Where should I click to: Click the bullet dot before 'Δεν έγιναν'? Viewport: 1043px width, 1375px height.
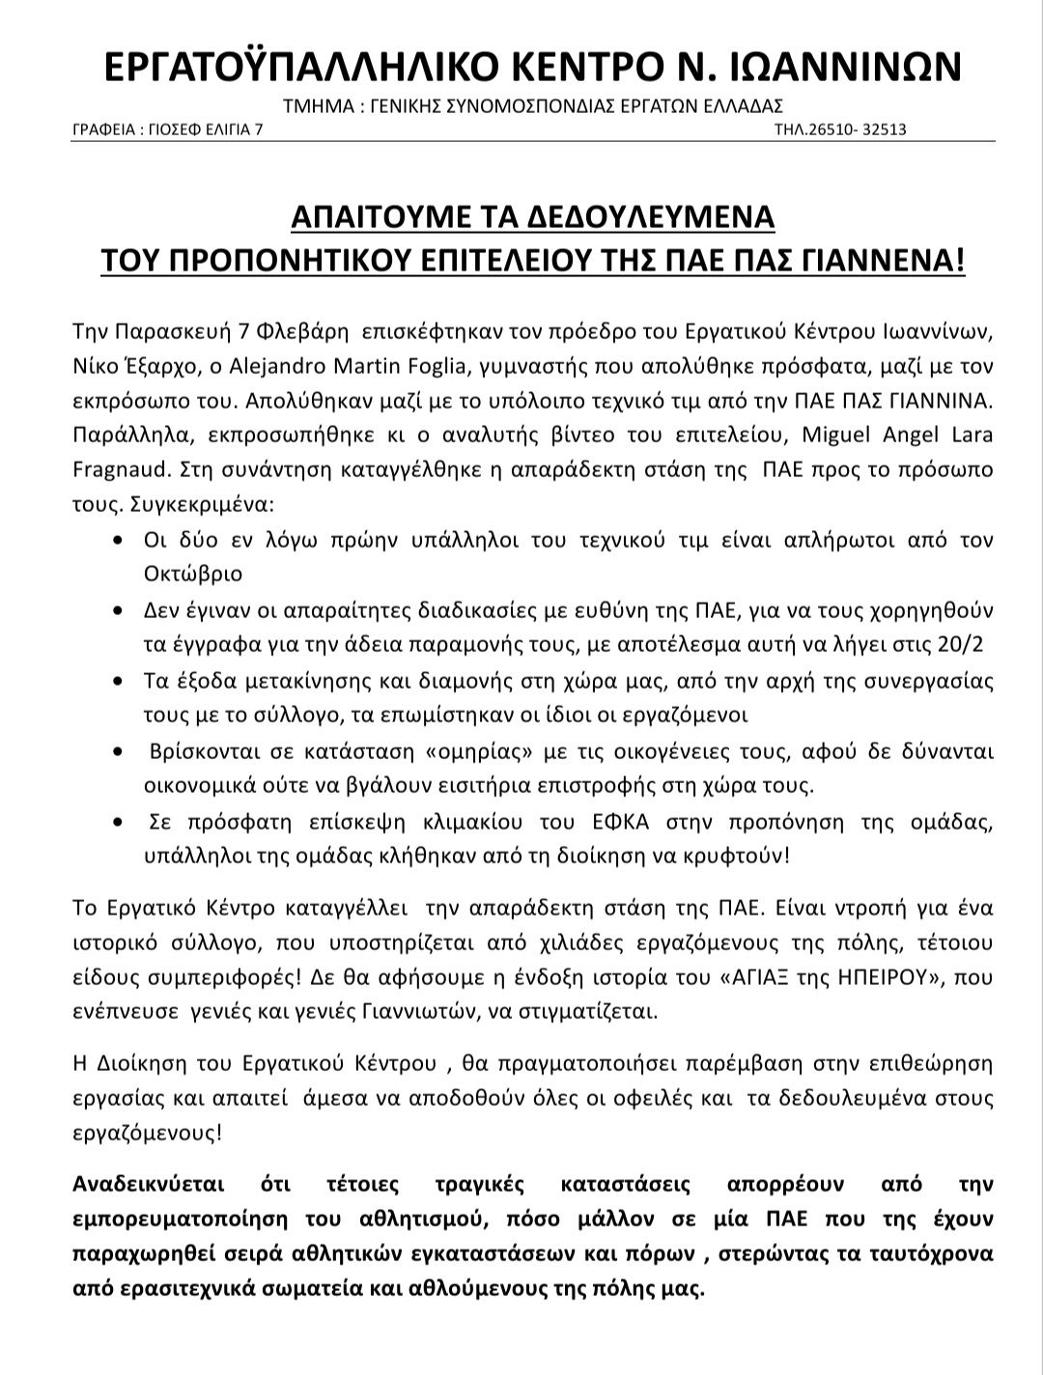[x=118, y=612]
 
